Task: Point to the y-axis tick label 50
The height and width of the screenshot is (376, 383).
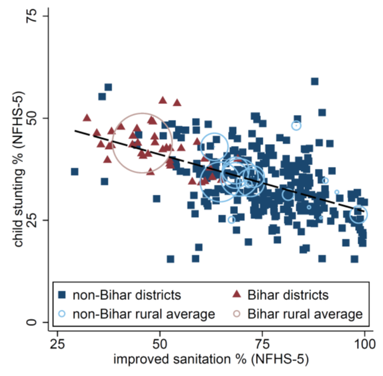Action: coord(30,118)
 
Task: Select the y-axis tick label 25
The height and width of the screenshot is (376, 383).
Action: coord(30,220)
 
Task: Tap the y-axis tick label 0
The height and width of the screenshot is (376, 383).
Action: coord(30,322)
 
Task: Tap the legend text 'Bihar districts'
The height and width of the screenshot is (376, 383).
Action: coord(288,295)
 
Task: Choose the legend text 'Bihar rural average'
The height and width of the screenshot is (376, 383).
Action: coord(304,314)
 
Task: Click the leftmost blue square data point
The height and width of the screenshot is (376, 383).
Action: coord(74,171)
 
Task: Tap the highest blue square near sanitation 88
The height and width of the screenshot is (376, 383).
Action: coord(315,82)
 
